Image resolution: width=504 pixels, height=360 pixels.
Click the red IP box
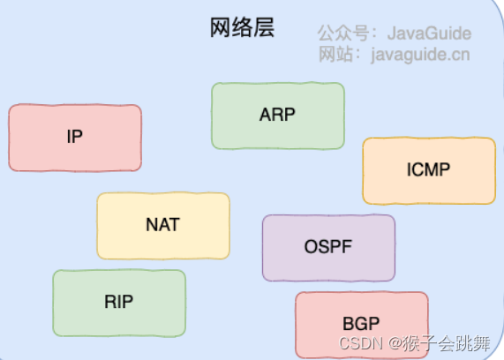75,137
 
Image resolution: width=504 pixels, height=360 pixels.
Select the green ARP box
278,116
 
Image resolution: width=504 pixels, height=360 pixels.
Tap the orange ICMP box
430,170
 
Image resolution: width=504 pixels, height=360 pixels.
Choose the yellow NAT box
163,225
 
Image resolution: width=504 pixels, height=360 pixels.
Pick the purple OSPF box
328,247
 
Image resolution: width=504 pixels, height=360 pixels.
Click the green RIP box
119,303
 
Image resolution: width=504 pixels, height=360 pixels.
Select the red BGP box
361,323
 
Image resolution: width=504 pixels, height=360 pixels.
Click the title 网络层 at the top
242,28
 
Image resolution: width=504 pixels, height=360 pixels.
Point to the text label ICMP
430,170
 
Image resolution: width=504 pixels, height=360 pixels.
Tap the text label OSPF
328,247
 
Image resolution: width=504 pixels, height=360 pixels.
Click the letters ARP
278,116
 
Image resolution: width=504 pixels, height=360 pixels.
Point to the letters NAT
163,225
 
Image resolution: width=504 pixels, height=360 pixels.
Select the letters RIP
119,303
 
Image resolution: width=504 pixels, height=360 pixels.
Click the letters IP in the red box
75,137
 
